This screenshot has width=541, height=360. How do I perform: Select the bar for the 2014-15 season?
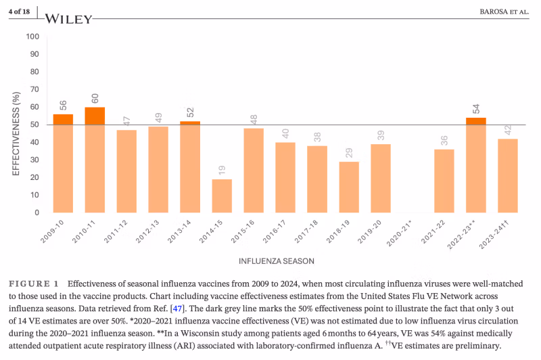pyautogui.click(x=222, y=196)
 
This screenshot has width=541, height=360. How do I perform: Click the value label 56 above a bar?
pyautogui.click(x=63, y=106)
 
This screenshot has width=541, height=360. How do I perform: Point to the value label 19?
pyautogui.click(x=222, y=171)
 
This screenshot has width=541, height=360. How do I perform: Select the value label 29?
pyautogui.click(x=349, y=153)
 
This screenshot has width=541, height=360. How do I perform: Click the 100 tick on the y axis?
pyautogui.click(x=31, y=37)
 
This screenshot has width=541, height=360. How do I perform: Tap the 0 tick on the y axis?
pyautogui.click(x=36, y=212)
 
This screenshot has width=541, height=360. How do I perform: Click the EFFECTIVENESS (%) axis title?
pyautogui.click(x=16, y=125)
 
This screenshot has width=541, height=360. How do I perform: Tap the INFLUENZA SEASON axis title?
pyautogui.click(x=276, y=261)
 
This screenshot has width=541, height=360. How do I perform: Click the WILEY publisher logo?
pyautogui.click(x=69, y=19)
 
